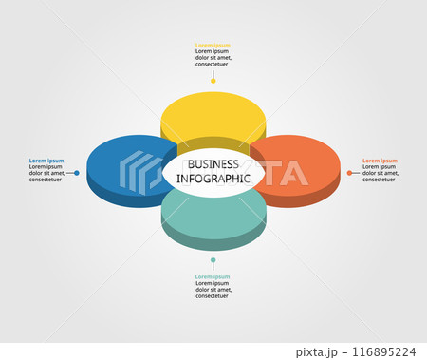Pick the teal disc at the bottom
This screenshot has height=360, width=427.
tap(213, 218)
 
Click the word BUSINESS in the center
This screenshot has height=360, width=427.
tap(213, 163)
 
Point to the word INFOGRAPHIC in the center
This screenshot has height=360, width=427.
tap(213, 178)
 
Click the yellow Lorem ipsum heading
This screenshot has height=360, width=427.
tap(213, 45)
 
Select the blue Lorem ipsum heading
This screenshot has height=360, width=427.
tap(46, 161)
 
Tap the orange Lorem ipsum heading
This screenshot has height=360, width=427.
tap(380, 161)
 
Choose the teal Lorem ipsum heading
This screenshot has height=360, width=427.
tap(213, 276)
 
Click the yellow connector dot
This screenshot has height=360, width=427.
tap(213, 81)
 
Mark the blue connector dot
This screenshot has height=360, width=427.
tap(77, 173)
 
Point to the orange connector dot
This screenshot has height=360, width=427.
tap(349, 173)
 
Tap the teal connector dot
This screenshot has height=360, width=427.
tap(213, 259)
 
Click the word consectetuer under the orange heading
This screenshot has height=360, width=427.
tap(380, 180)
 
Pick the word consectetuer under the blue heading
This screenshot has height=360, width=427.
tap(46, 180)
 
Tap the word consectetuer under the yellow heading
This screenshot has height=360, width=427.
tap(213, 64)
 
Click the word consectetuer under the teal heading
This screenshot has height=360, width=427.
tap(213, 296)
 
